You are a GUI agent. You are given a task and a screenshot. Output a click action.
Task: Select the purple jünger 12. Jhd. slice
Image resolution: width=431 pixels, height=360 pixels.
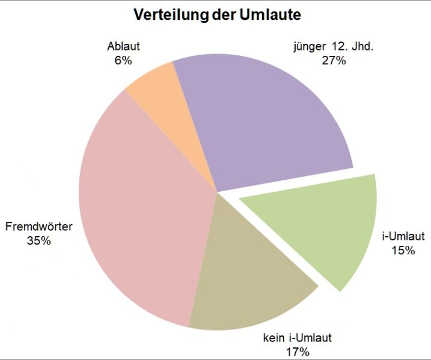[264, 120]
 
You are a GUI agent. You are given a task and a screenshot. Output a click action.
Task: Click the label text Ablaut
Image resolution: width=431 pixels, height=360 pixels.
[123, 47]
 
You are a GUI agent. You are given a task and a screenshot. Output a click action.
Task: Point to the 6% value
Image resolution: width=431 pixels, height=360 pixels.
[123, 60]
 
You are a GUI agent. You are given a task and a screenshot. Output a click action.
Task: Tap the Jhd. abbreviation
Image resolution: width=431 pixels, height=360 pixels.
[361, 47]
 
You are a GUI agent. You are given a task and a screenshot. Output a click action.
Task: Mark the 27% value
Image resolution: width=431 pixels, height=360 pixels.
[334, 60]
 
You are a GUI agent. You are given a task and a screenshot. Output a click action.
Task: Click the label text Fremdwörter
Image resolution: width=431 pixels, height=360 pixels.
[39, 227]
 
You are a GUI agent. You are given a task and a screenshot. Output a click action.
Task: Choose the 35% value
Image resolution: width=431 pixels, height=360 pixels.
[39, 240]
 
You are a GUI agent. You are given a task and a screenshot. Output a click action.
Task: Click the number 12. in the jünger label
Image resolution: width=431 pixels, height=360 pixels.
[337, 47]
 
